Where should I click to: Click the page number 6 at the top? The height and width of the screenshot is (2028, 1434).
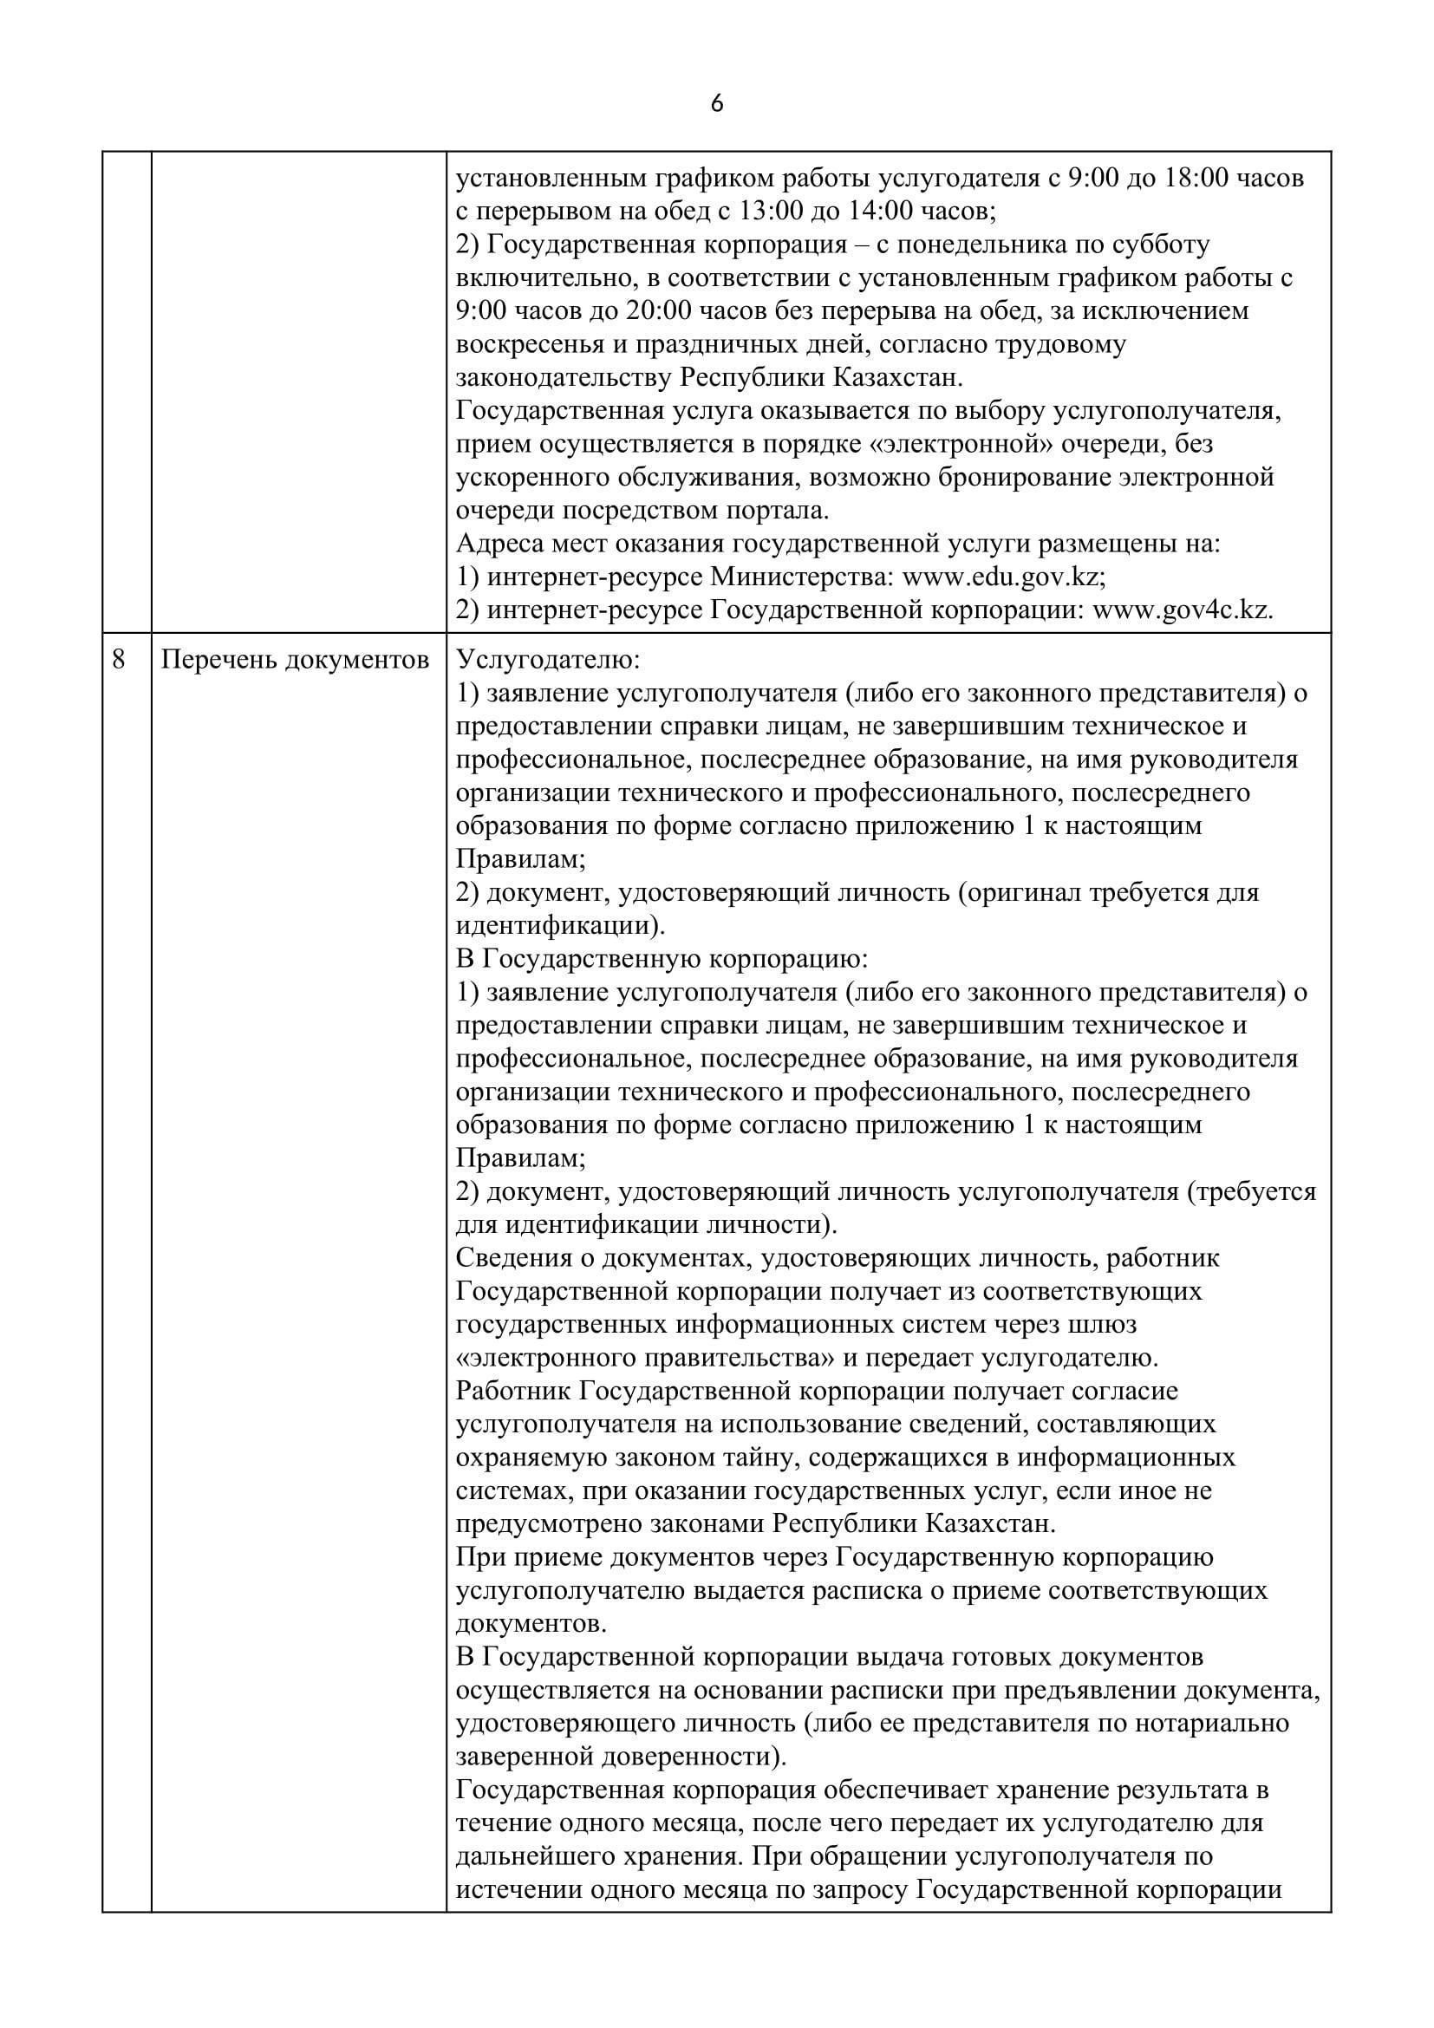click(x=716, y=104)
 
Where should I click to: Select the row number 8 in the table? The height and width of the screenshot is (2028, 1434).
click(x=119, y=660)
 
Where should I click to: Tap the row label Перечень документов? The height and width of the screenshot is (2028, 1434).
click(x=295, y=660)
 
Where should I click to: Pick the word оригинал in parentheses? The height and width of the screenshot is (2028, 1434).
click(x=1024, y=892)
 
